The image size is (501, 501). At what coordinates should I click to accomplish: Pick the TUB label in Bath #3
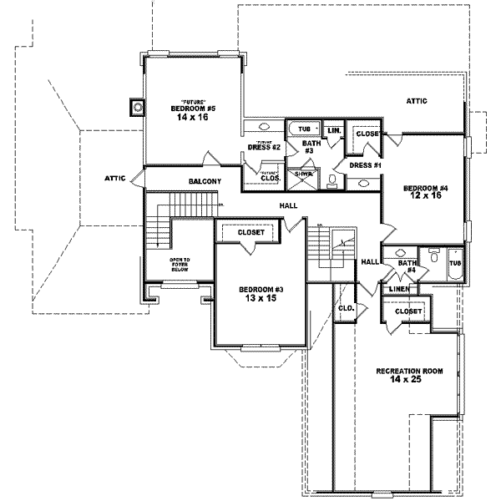(x=304, y=129)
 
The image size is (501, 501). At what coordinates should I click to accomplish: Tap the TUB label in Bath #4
(x=454, y=263)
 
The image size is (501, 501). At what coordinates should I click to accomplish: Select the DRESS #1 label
(x=365, y=165)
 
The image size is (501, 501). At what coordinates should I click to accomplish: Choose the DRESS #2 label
(x=263, y=148)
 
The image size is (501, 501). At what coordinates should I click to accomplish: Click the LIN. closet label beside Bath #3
(x=333, y=131)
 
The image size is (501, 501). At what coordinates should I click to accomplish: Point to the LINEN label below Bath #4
(x=399, y=289)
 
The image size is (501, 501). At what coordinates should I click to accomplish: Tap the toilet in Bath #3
(x=332, y=181)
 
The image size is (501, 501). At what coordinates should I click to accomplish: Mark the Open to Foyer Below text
(x=180, y=265)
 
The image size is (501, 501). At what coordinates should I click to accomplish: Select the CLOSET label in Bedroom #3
(x=250, y=232)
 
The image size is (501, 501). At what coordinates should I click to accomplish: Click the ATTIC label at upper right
(x=417, y=101)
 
